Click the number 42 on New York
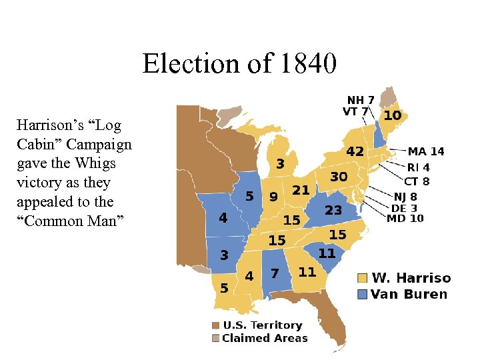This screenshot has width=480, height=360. pyautogui.click(x=354, y=152)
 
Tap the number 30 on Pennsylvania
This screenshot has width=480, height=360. pyautogui.click(x=339, y=177)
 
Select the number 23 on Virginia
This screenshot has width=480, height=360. pyautogui.click(x=333, y=210)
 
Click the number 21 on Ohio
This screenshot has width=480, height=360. pyautogui.click(x=301, y=191)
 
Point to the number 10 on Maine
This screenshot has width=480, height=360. pyautogui.click(x=392, y=116)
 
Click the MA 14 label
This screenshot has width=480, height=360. pyautogui.click(x=426, y=152)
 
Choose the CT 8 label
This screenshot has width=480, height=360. pyautogui.click(x=417, y=181)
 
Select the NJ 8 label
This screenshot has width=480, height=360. pyautogui.click(x=405, y=197)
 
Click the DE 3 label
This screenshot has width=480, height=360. pyautogui.click(x=404, y=207)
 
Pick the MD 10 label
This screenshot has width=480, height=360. pyautogui.click(x=405, y=218)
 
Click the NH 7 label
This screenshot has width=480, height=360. pyautogui.click(x=360, y=101)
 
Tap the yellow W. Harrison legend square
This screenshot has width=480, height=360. pyautogui.click(x=362, y=278)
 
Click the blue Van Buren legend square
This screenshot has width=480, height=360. pyautogui.click(x=362, y=294)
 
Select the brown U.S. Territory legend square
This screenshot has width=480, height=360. pyautogui.click(x=215, y=325)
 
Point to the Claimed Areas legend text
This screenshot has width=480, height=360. pyautogui.click(x=265, y=338)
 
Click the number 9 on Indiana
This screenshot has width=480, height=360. pyautogui.click(x=273, y=197)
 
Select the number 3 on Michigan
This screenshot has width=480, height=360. pyautogui.click(x=281, y=163)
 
